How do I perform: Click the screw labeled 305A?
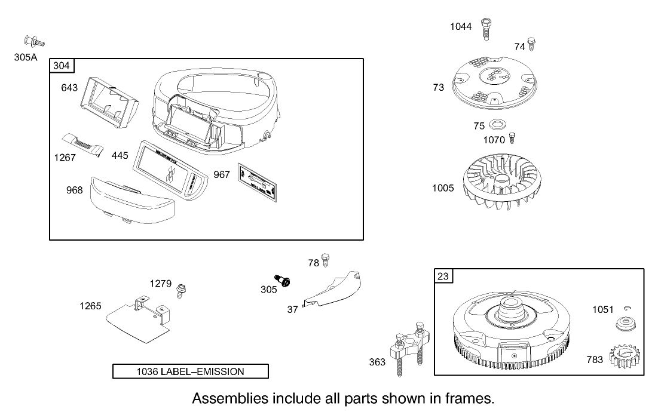(35, 41)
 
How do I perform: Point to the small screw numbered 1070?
(512, 139)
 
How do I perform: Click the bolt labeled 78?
(326, 260)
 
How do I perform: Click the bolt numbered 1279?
(180, 290)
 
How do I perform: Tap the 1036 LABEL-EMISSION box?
(191, 371)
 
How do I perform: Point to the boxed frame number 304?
(61, 66)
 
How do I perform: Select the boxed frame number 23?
(443, 276)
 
